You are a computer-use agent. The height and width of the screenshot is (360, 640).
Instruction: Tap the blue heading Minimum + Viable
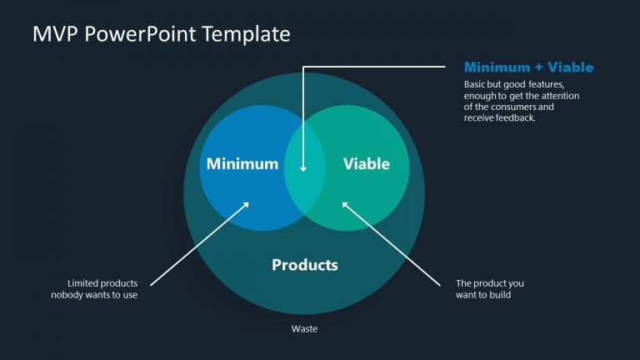pyautogui.click(x=528, y=67)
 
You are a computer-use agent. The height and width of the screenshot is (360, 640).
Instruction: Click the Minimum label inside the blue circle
pyautogui.click(x=242, y=164)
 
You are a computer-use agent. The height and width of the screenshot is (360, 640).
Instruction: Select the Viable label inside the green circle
pyautogui.click(x=366, y=164)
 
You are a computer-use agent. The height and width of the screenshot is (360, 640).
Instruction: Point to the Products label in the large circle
pyautogui.click(x=304, y=265)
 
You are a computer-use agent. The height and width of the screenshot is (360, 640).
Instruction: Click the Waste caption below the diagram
pyautogui.click(x=303, y=328)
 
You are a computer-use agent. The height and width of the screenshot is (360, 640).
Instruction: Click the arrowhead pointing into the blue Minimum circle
pyautogui.click(x=247, y=202)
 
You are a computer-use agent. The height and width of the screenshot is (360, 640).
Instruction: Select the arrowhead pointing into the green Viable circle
pyautogui.click(x=345, y=202)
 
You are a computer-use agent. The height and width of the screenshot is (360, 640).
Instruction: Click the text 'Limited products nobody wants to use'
pyautogui.click(x=94, y=289)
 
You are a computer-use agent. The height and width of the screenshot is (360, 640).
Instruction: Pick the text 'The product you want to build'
pyautogui.click(x=490, y=289)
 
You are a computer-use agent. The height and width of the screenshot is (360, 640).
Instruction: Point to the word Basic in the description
pyautogui.click(x=475, y=84)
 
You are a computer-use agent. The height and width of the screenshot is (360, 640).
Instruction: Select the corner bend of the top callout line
pyautogui.click(x=303, y=67)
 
